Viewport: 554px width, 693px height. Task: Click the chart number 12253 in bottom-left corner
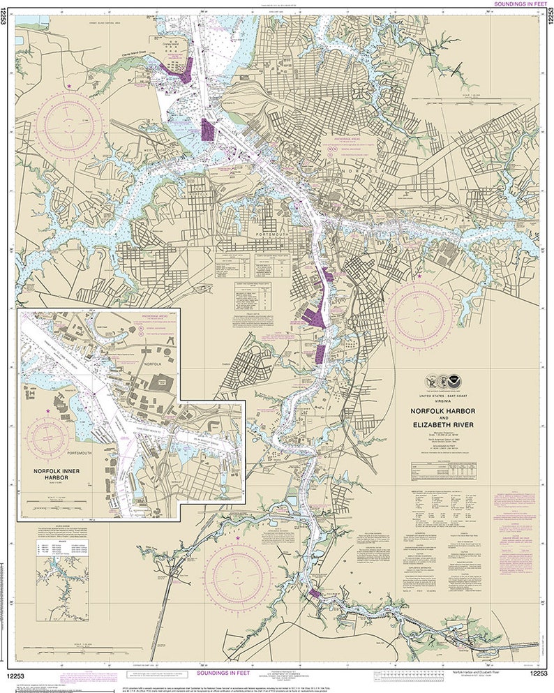pos(19,673)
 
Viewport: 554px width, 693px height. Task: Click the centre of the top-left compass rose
pos(69,126)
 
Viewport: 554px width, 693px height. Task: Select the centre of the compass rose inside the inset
pos(47,438)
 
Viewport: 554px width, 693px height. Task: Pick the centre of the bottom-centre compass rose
pos(238,574)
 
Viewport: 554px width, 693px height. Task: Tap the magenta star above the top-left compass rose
pos(69,86)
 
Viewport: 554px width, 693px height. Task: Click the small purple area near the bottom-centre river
pos(314,594)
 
